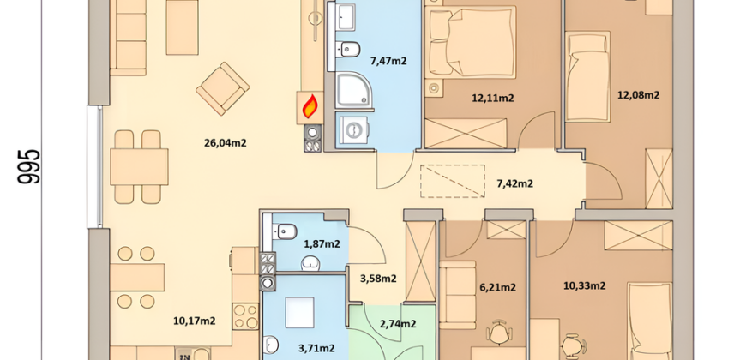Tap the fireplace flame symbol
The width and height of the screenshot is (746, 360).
[x=310, y=106]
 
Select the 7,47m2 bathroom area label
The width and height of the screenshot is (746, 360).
[x=388, y=60]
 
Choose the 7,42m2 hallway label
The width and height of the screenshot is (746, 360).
[x=514, y=183]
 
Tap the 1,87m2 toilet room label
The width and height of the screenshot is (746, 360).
[x=322, y=244]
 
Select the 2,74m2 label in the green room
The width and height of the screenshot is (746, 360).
[x=398, y=324]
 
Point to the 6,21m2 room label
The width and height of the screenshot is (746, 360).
[x=497, y=287]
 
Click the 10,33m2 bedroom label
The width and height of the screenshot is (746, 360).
[x=584, y=285]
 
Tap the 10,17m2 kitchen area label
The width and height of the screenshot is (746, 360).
[x=194, y=321]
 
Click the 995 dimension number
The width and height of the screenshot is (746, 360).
[x=29, y=166]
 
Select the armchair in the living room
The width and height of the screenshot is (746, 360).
[x=223, y=88]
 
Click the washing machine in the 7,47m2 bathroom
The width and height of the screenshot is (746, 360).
[x=353, y=130]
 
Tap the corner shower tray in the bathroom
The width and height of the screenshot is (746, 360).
[x=353, y=90]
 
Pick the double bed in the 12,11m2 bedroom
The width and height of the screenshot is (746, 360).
[x=471, y=42]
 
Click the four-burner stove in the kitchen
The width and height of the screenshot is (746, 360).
[x=245, y=316]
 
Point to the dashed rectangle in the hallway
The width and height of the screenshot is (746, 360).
[x=453, y=181]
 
